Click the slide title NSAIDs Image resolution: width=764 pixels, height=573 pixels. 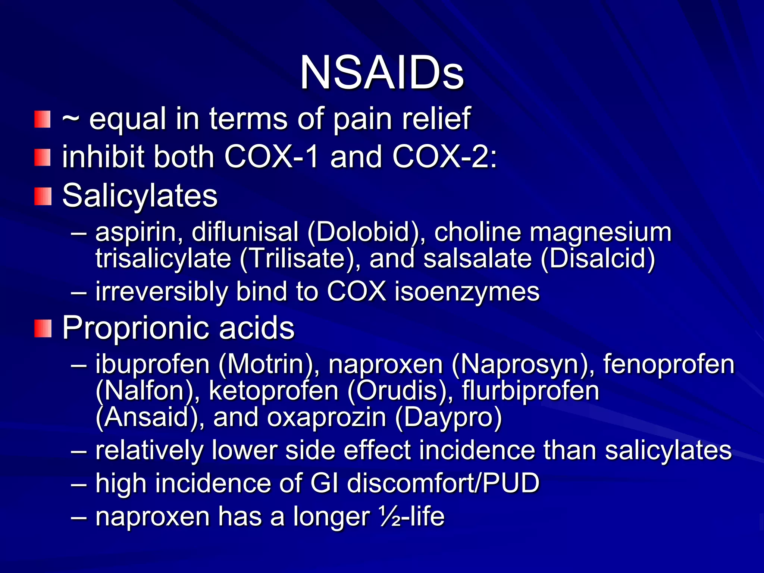[382, 72]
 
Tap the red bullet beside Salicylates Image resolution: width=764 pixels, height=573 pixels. [43, 196]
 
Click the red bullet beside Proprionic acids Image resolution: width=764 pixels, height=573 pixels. [43, 328]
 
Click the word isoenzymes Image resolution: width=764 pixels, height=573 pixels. [467, 292]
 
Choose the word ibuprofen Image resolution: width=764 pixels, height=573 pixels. [153, 364]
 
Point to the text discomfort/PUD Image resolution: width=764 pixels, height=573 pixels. [443, 483]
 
